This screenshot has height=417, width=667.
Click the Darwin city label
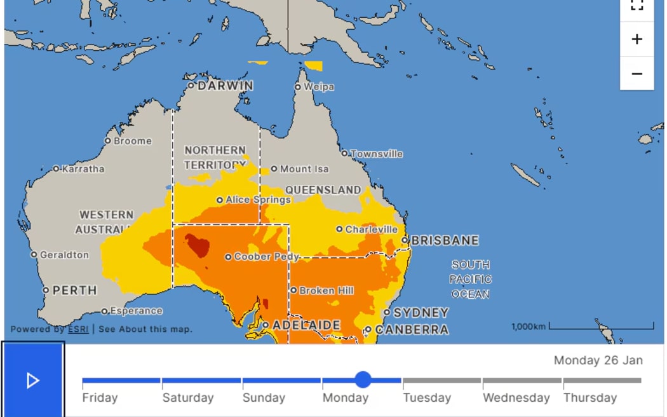pyautogui.click(x=225, y=85)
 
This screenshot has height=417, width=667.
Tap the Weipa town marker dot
pyautogui.click(x=298, y=87)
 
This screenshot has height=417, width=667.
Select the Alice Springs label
pyautogui.click(x=258, y=200)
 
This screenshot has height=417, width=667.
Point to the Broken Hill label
pyautogui.click(x=327, y=291)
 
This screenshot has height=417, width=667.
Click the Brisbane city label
pyautogui.click(x=445, y=240)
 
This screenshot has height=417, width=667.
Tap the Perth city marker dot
pyautogui.click(x=46, y=291)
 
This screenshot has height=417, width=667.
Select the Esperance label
pyautogui.click(x=136, y=311)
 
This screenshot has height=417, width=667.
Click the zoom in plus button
pyautogui.click(x=637, y=39)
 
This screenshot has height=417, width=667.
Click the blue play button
pyautogui.click(x=33, y=380)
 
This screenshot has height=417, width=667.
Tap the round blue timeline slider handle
pyautogui.click(x=363, y=380)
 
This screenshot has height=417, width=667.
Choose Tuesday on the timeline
pyautogui.click(x=427, y=398)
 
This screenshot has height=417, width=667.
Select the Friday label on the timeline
pyautogui.click(x=100, y=398)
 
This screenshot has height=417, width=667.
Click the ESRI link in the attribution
pyautogui.click(x=78, y=329)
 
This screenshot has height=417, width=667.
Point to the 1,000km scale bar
pyautogui.click(x=601, y=327)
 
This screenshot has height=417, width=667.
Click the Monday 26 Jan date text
pyautogui.click(x=598, y=360)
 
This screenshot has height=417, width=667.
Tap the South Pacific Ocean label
pyautogui.click(x=470, y=279)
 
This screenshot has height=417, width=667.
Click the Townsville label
pyautogui.click(x=377, y=154)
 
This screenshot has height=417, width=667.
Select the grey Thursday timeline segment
pyautogui.click(x=602, y=381)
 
